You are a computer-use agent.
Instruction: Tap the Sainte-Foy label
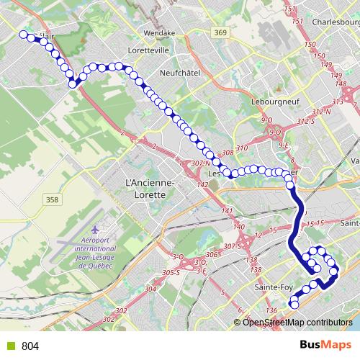click(x=272, y=288)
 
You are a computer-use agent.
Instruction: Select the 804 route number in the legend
click(x=30, y=346)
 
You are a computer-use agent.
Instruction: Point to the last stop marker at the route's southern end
click(x=294, y=305)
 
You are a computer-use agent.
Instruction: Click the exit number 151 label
click(x=290, y=9)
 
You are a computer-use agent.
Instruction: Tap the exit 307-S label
click(x=232, y=246)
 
